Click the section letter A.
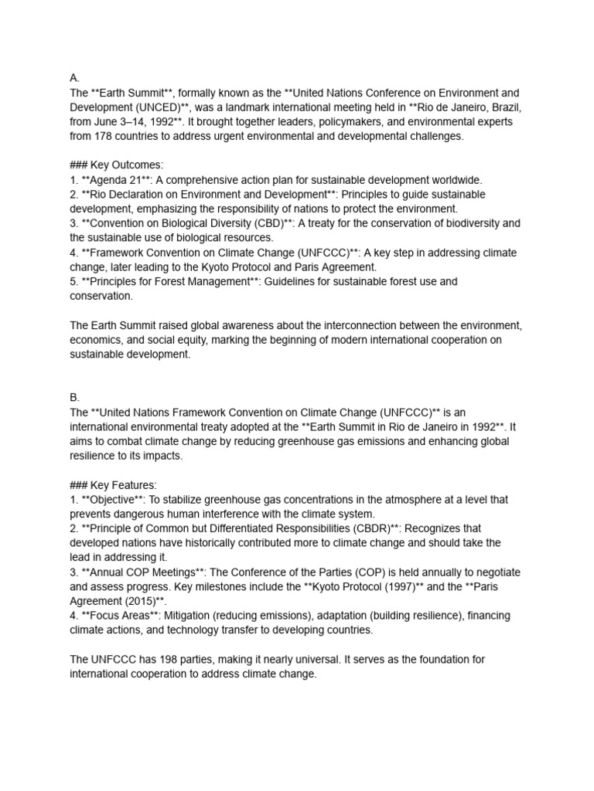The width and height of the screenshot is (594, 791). point(74,78)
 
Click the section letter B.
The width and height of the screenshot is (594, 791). point(74,397)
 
